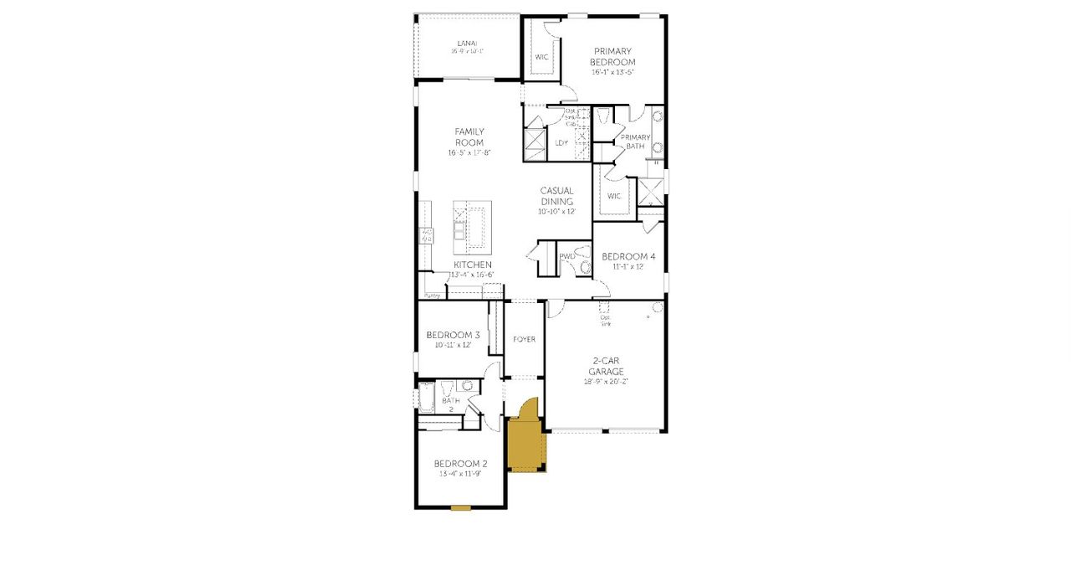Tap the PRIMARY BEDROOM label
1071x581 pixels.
(x=613, y=56)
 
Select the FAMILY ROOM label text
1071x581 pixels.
(x=469, y=136)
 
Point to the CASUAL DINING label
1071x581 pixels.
(x=556, y=196)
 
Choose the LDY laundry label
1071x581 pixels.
(x=561, y=142)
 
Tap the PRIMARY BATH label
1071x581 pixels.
(x=635, y=141)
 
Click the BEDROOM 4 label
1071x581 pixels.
(x=628, y=256)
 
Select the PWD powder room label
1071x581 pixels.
(x=566, y=256)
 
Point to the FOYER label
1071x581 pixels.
(x=525, y=339)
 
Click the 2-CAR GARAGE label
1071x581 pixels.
(x=606, y=366)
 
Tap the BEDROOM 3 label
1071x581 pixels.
(x=453, y=334)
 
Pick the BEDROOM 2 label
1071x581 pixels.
(x=460, y=463)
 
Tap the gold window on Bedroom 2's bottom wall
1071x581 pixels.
(x=461, y=507)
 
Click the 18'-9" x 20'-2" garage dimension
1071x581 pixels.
(x=606, y=382)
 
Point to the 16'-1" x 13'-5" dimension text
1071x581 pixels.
(x=613, y=73)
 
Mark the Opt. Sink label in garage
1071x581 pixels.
(x=605, y=321)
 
